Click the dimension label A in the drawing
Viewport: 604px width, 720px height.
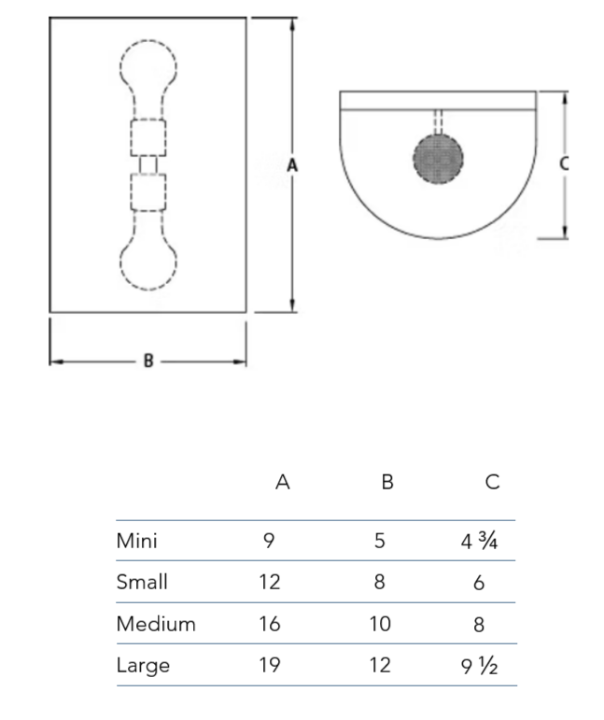point(292,165)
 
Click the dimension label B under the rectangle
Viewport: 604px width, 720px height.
point(147,361)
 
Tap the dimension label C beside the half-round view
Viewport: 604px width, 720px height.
point(563,162)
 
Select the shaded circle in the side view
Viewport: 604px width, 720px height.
point(438,159)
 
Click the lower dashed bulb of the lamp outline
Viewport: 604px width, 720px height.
point(148,260)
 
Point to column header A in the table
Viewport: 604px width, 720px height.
point(283,483)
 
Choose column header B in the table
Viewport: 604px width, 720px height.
point(387,483)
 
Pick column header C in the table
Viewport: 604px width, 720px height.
point(493,483)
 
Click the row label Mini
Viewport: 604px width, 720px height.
point(136,541)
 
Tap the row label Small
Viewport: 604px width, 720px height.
point(142,582)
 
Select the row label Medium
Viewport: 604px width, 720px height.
point(156,624)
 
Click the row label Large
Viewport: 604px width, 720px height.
point(143,666)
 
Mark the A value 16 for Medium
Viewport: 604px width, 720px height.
point(269,624)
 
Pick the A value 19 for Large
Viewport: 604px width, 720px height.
point(269,666)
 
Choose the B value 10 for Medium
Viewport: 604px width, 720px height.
point(380,624)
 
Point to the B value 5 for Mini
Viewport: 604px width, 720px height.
point(380,541)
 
